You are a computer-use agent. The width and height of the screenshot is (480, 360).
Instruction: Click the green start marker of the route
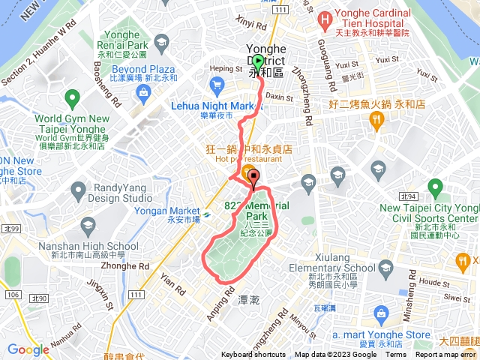(x=258, y=61)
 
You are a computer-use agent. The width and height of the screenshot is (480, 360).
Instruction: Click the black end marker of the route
(x=253, y=178)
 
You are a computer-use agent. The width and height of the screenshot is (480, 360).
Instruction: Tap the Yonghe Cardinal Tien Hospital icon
(x=325, y=18)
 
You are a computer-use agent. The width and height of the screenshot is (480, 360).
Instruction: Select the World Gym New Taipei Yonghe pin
(x=72, y=97)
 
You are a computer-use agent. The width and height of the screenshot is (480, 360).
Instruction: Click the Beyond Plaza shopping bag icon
(x=142, y=91)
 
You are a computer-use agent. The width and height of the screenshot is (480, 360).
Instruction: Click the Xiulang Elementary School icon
(x=385, y=268)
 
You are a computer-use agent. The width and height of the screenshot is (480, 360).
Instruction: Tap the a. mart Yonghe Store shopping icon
(x=381, y=312)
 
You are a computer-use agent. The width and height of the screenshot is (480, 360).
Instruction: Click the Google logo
(x=28, y=349)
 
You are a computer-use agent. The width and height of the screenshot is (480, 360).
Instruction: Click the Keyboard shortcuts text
(x=254, y=355)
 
